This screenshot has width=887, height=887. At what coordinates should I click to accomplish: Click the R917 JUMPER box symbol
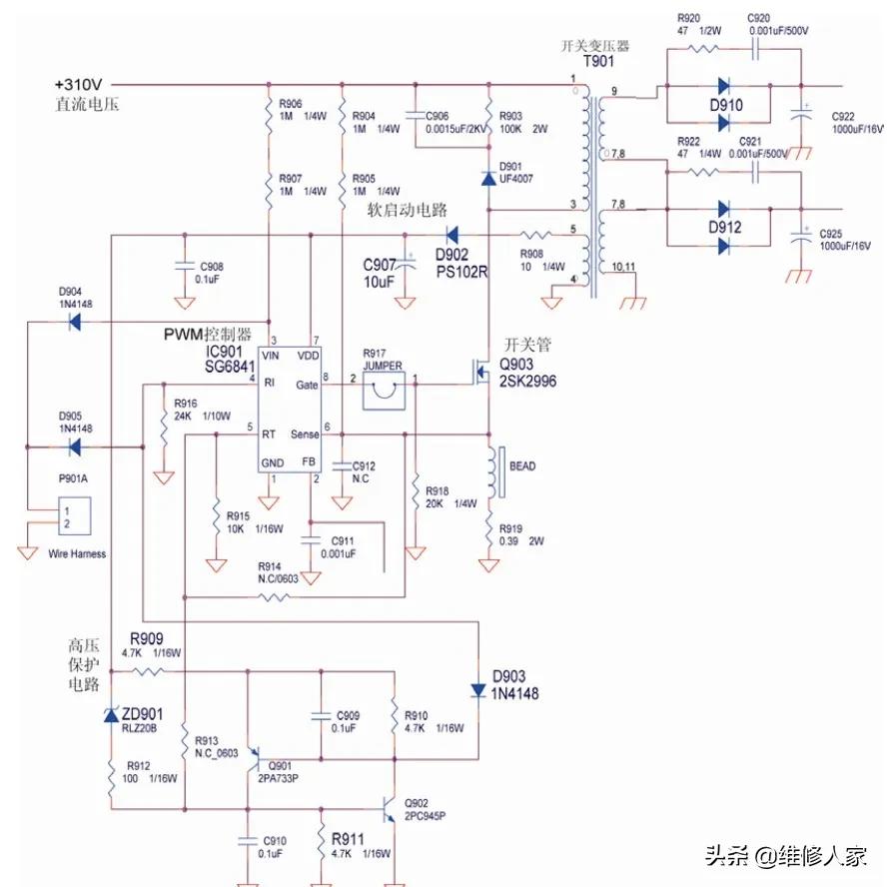point(382,392)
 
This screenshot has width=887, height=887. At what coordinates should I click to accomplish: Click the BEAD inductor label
point(522,466)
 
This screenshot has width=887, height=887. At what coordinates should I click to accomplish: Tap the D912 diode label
point(726,227)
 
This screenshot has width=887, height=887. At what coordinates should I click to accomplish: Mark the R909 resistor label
point(148,638)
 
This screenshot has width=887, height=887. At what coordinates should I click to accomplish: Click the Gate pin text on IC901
point(307,385)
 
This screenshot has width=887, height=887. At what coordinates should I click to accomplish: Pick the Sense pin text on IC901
point(305,435)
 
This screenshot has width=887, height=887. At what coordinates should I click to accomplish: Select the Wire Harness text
point(77,553)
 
